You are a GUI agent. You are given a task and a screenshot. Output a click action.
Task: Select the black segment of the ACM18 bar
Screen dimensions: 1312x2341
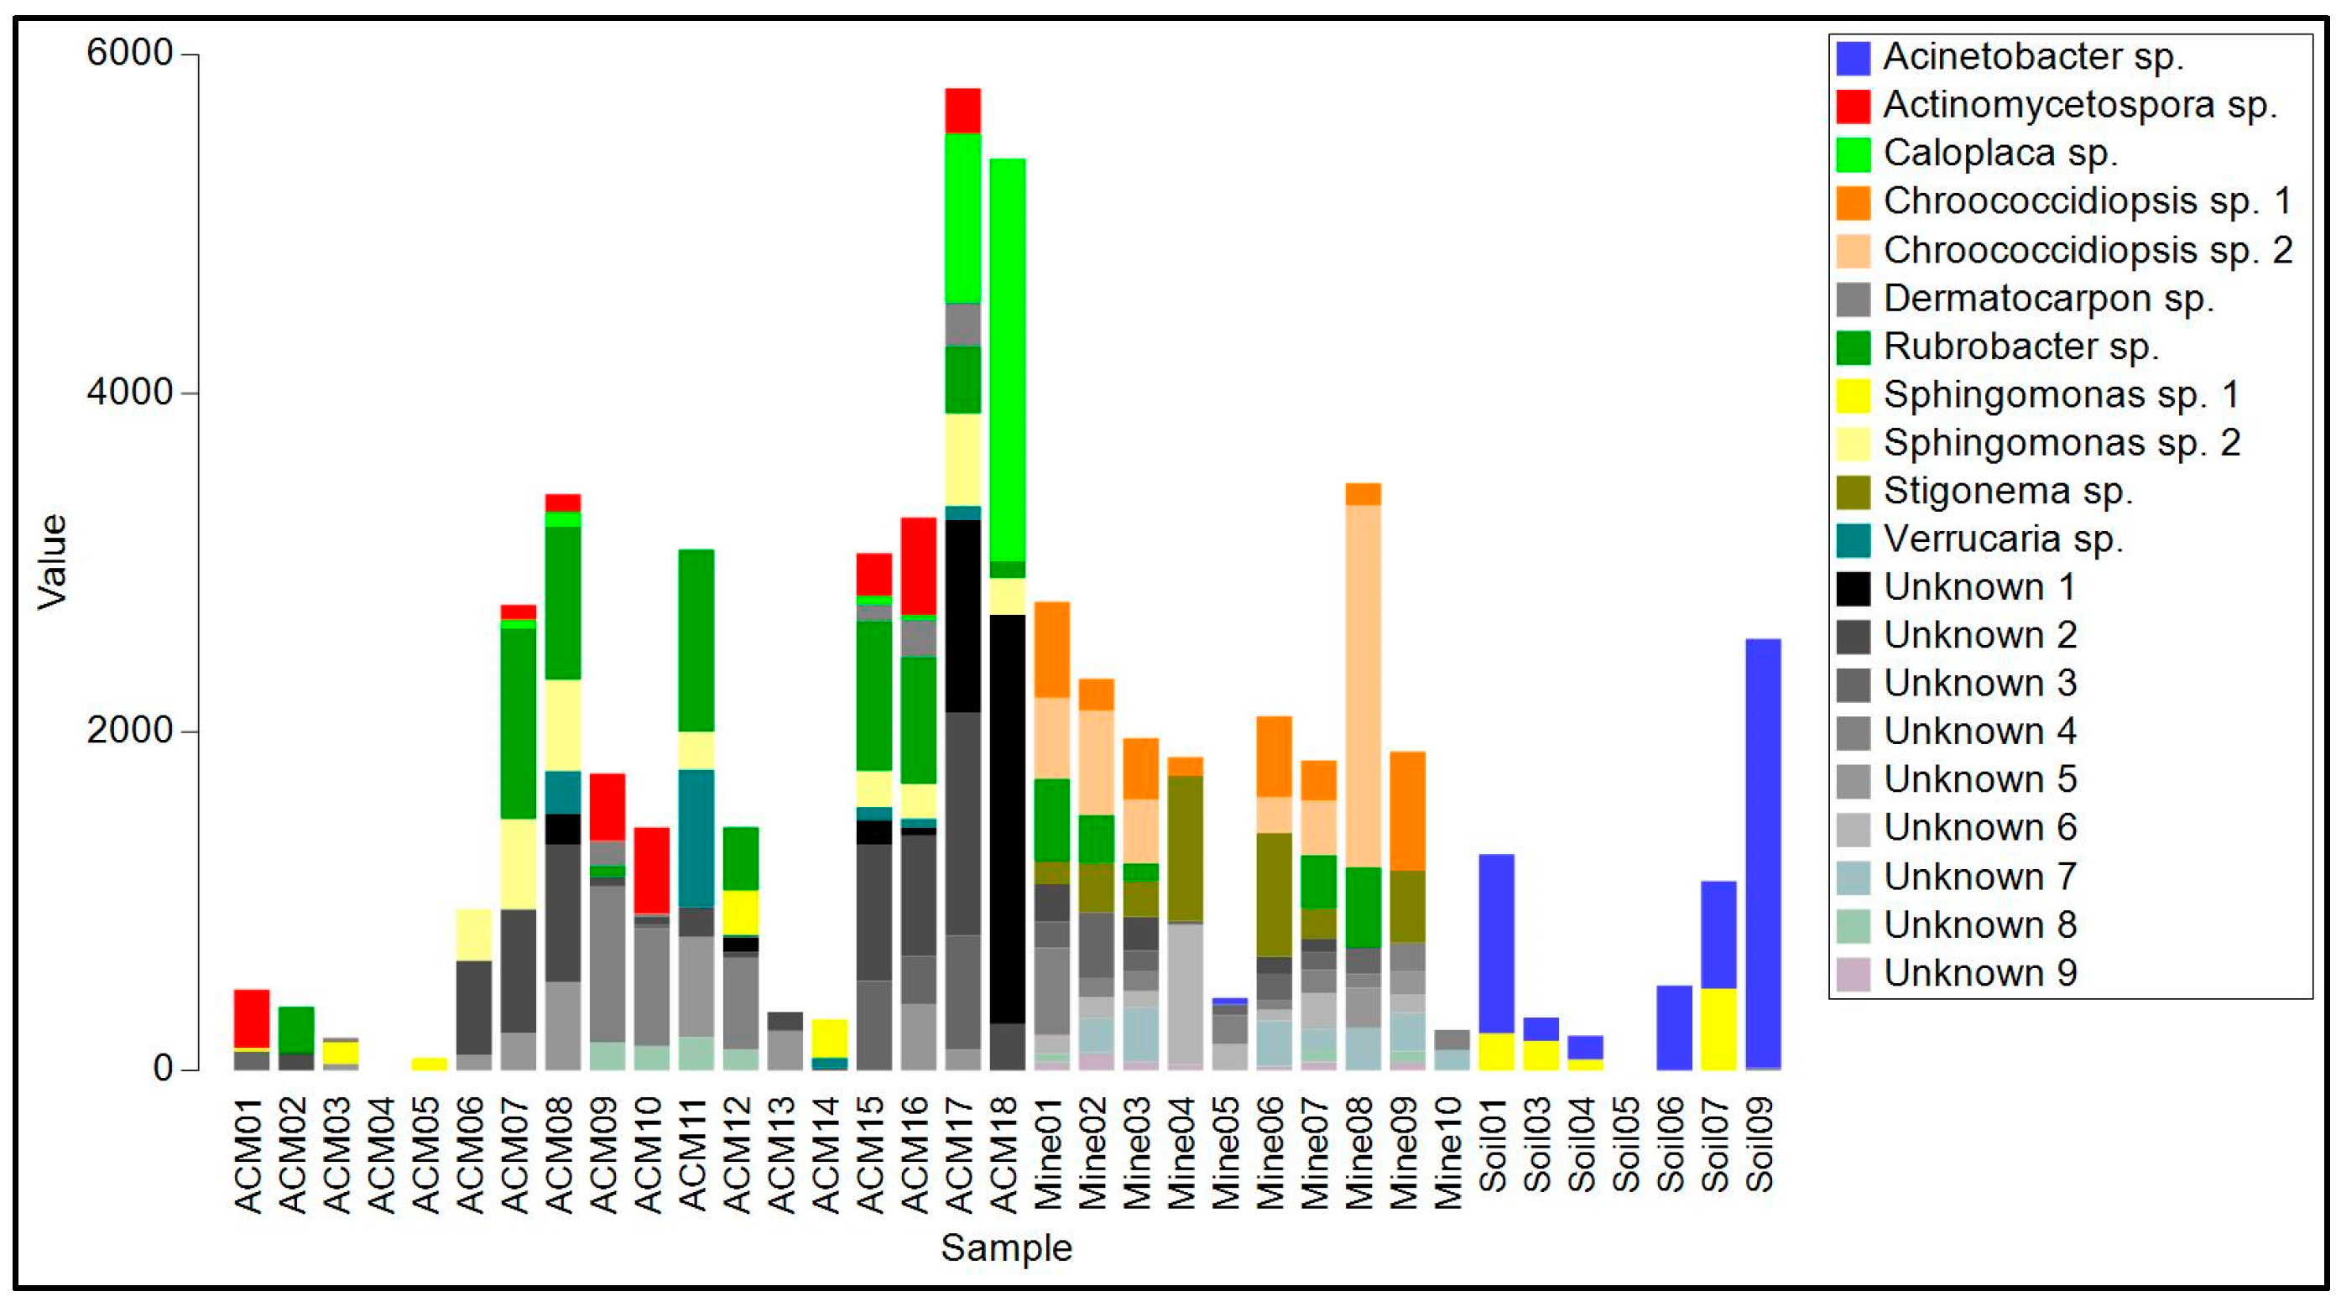[1007, 818]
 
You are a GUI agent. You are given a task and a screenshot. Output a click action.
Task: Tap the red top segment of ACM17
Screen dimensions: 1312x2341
[962, 111]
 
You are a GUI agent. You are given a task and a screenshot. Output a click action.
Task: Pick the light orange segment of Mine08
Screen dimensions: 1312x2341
[1363, 685]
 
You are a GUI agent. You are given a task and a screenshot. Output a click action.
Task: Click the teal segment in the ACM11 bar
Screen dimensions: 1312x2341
[696, 838]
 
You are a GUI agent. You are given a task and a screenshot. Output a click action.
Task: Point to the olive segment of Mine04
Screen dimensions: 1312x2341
[1185, 849]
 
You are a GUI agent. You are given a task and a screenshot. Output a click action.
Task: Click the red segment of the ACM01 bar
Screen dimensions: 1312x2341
[252, 1018]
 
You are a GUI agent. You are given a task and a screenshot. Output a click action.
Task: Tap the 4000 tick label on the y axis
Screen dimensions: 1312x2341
[129, 393]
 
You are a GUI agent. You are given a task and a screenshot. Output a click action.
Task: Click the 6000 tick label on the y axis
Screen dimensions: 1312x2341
[129, 53]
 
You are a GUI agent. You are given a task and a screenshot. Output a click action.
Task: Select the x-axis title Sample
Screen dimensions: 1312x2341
[1006, 1247]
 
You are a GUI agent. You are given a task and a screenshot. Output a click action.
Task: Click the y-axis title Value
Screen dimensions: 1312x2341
[52, 561]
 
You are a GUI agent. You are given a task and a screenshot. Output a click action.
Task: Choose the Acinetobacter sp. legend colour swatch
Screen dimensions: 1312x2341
[1853, 58]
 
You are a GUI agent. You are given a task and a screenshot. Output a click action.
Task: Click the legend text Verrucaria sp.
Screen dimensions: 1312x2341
[2002, 539]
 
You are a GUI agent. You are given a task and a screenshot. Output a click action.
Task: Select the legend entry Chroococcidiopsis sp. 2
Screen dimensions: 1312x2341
[2088, 251]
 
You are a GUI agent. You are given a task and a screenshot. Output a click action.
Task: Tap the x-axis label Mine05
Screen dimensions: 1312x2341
[1227, 1153]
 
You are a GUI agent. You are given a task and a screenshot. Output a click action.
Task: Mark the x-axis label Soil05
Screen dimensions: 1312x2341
[1627, 1145]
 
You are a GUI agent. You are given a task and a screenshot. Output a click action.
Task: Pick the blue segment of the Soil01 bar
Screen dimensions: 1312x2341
[1496, 943]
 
